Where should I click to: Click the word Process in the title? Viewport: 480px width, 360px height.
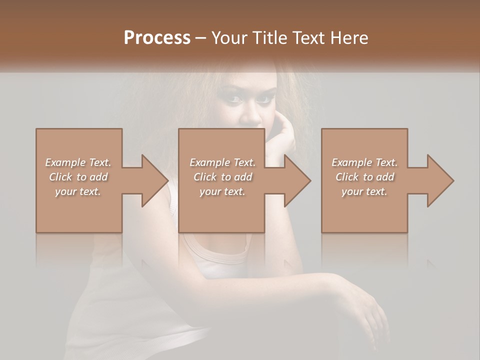pos(157,38)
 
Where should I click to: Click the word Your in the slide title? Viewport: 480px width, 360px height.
pos(227,38)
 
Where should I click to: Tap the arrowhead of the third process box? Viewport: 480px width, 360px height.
pos(439,180)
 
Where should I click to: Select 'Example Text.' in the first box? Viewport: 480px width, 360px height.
pos(78,162)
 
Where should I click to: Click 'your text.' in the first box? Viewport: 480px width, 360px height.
pos(78,191)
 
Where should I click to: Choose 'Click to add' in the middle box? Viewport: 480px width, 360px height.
pos(222,177)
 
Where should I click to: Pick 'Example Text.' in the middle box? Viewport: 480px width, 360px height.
pos(222,162)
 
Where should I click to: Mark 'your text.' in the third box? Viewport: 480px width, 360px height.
pos(364,191)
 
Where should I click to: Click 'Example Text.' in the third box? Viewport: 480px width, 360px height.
pos(364,162)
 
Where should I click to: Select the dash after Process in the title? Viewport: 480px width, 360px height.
pos(201,38)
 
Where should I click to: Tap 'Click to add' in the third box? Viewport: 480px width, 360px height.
pos(364,177)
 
